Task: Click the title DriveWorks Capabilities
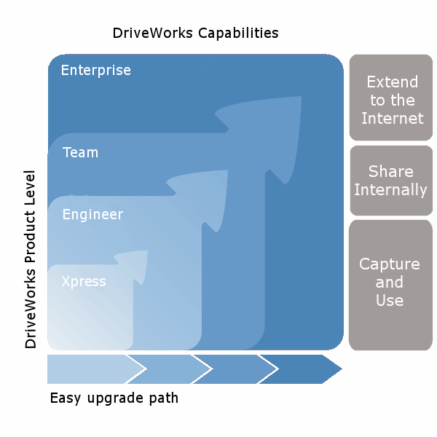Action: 195,34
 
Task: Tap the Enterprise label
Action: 96,71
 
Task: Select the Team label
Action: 80,153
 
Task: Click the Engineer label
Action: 92,215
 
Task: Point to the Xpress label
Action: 84,282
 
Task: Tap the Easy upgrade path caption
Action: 114,398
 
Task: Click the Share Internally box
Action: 392,181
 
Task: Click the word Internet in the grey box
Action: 392,118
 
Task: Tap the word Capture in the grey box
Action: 390,264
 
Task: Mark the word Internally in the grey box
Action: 390,190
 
